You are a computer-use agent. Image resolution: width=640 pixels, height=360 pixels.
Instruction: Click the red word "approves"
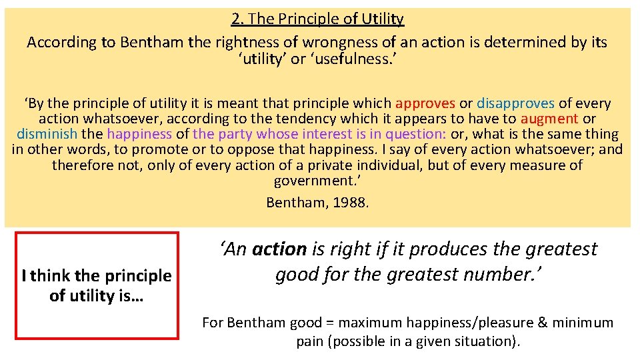(x=425, y=103)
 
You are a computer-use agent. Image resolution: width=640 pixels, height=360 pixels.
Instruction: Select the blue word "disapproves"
(x=515, y=103)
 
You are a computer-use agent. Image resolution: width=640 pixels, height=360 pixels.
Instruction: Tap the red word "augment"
(x=549, y=119)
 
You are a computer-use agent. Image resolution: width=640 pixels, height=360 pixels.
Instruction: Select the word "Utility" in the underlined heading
(x=380, y=19)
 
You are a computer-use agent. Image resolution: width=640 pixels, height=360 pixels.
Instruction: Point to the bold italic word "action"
(x=279, y=249)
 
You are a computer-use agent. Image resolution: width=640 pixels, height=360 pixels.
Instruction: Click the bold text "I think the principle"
(x=96, y=275)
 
